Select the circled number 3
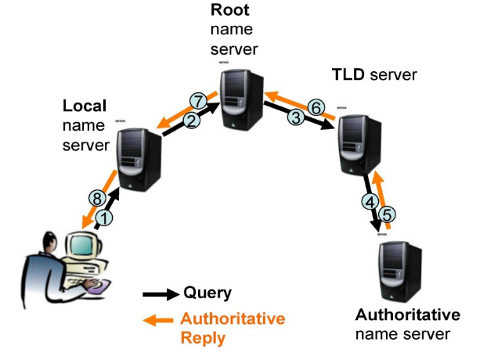(295, 117)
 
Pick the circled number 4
(370, 201)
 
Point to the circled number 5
(388, 213)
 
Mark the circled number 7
(199, 101)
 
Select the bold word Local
(85, 105)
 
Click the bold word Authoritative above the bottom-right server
(407, 315)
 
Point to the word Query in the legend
(207, 293)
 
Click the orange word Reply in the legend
(202, 338)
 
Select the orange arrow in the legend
(160, 320)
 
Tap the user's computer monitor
(83, 250)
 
